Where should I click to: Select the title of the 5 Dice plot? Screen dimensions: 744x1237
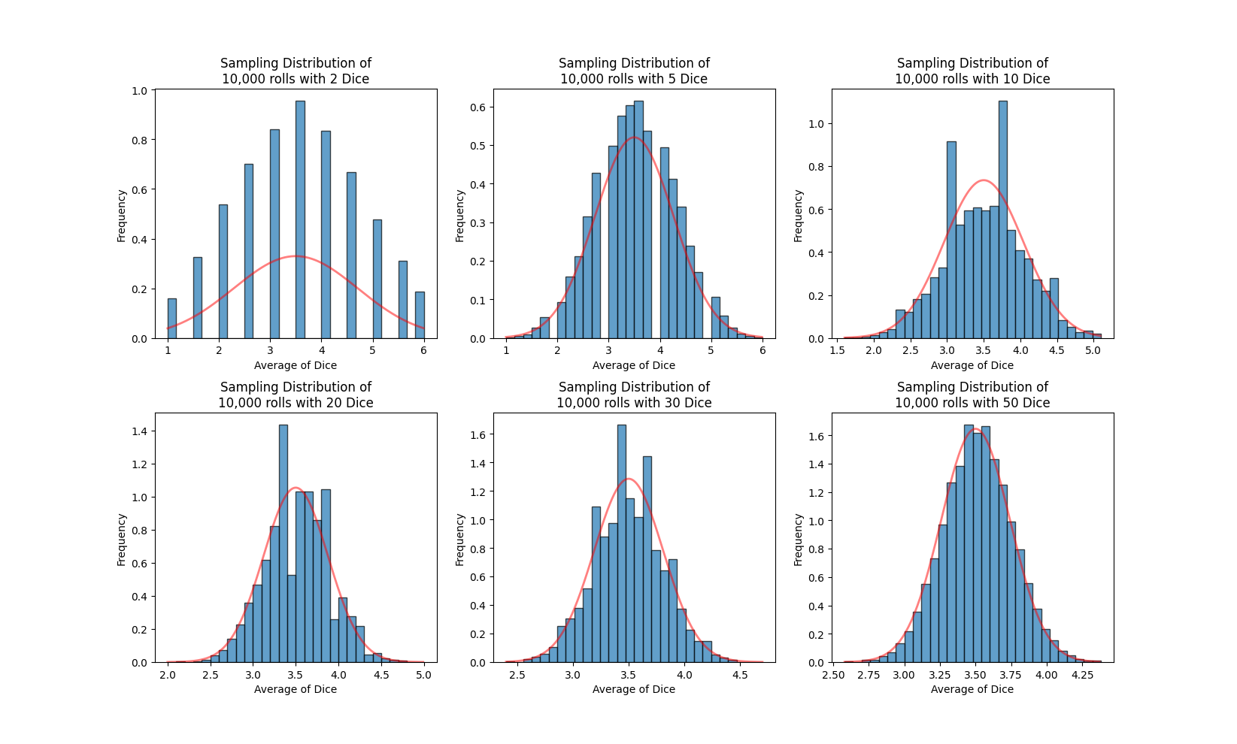(x=634, y=71)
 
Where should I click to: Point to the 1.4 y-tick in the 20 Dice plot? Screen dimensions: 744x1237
(x=140, y=431)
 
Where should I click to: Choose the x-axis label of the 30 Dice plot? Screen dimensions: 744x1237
(x=634, y=689)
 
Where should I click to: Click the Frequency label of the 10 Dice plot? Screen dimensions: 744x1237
(x=799, y=216)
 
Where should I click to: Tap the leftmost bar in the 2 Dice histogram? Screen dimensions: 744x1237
(x=172, y=319)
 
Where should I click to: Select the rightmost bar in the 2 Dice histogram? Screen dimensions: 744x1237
(x=420, y=316)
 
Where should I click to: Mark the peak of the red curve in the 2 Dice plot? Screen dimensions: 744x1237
(x=296, y=256)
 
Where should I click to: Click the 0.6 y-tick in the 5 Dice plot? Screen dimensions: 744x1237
(x=478, y=107)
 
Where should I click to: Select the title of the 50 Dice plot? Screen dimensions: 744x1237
(x=972, y=395)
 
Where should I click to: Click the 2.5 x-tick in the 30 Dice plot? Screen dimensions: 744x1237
(x=517, y=675)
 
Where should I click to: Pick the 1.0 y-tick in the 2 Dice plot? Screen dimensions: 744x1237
(x=140, y=91)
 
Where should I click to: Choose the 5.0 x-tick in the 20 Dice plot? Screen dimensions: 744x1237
(x=424, y=675)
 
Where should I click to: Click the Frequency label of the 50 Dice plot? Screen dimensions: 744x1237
(x=799, y=540)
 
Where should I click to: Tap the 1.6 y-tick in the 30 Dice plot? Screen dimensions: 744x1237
(x=478, y=434)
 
